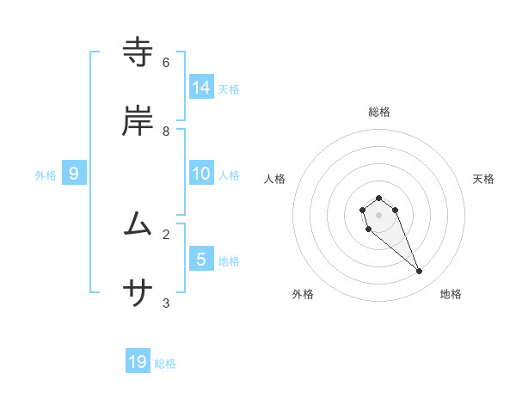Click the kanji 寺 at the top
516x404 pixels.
138,52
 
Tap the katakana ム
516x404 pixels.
138,224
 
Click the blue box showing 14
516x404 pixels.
201,87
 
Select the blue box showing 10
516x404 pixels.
201,174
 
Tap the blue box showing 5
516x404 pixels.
201,259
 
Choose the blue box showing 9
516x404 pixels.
74,174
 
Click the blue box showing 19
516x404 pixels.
138,362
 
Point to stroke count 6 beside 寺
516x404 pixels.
165,63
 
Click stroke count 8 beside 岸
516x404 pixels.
165,132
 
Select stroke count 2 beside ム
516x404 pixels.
165,234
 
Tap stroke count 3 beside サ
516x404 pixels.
165,303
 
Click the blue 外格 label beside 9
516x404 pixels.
46,175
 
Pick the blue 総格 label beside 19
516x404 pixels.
165,364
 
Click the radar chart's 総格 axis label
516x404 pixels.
379,112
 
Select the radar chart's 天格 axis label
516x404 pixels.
483,179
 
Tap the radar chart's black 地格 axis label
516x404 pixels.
451,294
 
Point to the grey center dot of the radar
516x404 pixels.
379,215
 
